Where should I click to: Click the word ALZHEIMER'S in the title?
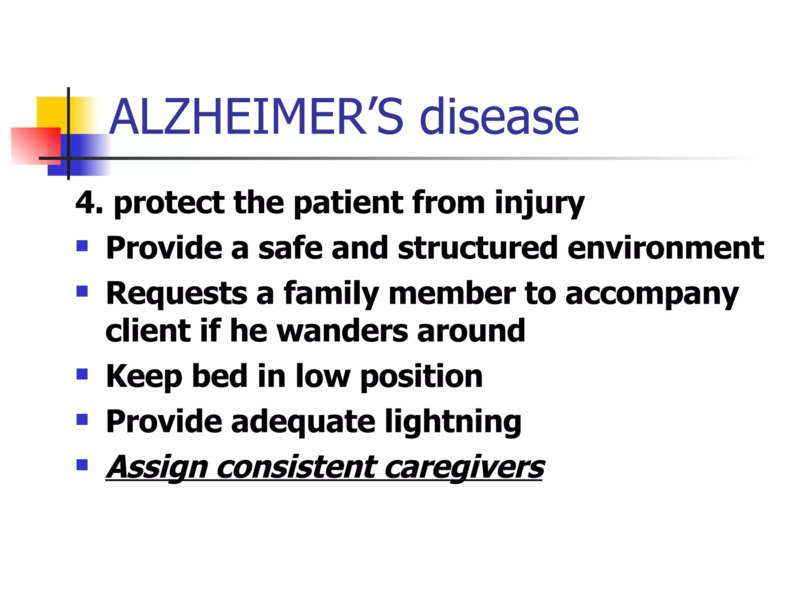[x=255, y=117]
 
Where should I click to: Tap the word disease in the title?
[x=499, y=117]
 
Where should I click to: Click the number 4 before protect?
[x=85, y=203]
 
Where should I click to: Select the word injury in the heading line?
[x=539, y=204]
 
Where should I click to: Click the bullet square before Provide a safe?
[x=82, y=247]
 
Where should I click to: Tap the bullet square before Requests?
[x=82, y=291]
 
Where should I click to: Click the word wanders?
[x=342, y=331]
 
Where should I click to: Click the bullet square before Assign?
[x=82, y=465]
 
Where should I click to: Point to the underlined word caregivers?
[x=464, y=468]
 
